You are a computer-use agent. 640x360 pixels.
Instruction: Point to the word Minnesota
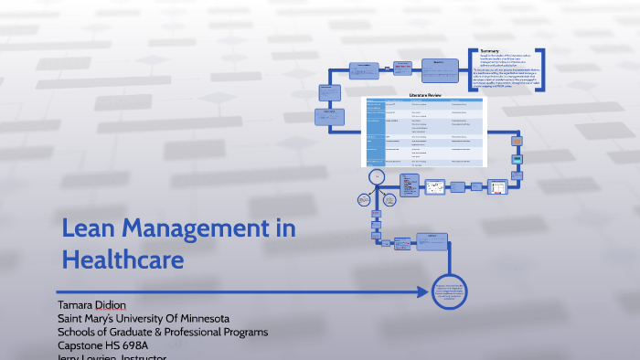tap(209, 317)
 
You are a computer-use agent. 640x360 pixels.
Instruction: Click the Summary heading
tap(490, 51)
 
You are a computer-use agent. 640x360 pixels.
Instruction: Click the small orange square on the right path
tap(517, 142)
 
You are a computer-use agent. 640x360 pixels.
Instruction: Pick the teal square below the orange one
tap(517, 160)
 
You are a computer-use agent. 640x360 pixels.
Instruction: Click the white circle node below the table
tap(376, 176)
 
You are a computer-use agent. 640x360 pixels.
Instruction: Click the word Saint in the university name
tap(73, 317)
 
